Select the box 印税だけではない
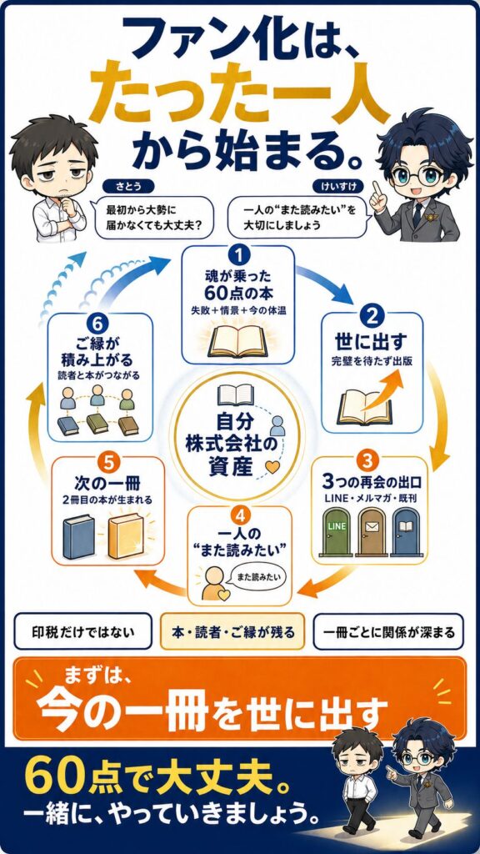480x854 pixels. point(82,632)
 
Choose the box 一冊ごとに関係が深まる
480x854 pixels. point(388,632)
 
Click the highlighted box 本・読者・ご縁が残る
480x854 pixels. point(232,632)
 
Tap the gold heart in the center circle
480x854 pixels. point(272,467)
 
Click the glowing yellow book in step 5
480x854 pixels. point(126,536)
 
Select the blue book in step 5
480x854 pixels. point(79,537)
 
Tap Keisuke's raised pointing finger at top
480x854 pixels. point(376,186)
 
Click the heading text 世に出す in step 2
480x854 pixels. point(372,344)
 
